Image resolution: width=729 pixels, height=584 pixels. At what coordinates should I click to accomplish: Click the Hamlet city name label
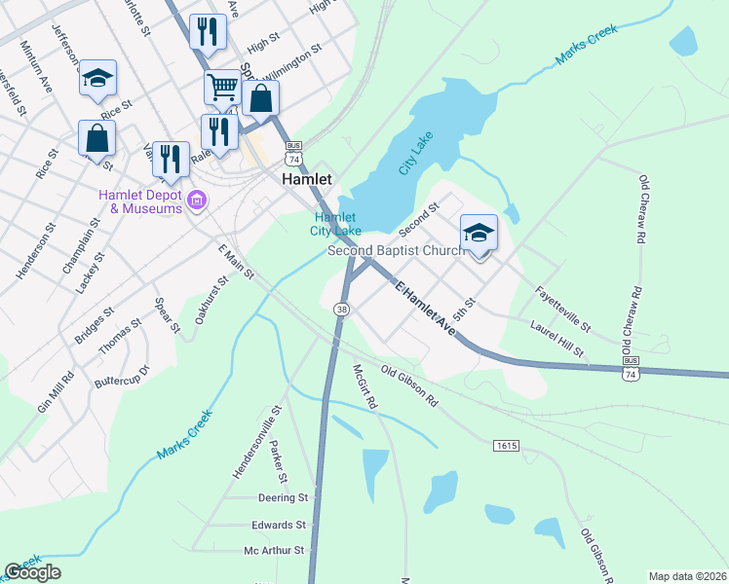click(x=307, y=180)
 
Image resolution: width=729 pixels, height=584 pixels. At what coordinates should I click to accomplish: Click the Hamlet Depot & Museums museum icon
click(x=197, y=201)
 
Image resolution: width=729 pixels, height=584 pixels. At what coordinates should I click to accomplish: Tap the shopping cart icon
click(x=222, y=88)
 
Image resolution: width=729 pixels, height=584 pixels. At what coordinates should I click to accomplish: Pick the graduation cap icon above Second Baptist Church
click(x=479, y=234)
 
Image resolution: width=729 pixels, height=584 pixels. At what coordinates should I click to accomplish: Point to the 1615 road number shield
click(x=506, y=446)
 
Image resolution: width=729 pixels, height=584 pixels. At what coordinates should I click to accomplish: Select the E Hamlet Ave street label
click(x=426, y=309)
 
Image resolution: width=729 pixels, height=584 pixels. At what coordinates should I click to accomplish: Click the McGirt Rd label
click(x=365, y=385)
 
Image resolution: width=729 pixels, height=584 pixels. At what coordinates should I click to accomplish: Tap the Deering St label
click(x=283, y=497)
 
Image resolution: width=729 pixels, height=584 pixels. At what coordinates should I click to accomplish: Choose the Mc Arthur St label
click(x=274, y=550)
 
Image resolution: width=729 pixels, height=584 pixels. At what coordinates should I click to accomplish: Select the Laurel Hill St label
click(x=556, y=338)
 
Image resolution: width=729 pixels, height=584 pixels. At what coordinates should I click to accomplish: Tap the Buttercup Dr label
click(x=122, y=377)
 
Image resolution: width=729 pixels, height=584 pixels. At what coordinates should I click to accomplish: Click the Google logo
click(x=33, y=572)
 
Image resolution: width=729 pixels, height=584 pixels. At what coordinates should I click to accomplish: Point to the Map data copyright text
click(x=687, y=576)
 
